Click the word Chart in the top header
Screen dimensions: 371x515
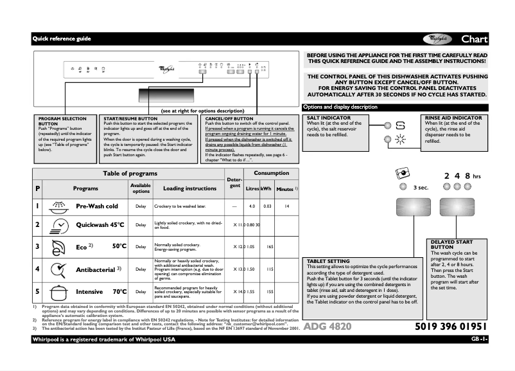pyautogui.click(x=474, y=39)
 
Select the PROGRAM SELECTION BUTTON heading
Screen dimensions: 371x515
pyautogui.click(x=62, y=121)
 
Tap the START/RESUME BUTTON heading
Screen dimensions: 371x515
pyautogui.click(x=130, y=118)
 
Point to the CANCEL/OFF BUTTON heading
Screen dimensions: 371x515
pyautogui.click(x=229, y=118)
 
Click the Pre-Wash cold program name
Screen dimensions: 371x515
pyautogui.click(x=97, y=206)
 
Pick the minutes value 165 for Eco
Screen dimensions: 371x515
pyautogui.click(x=270, y=247)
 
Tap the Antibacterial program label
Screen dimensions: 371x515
pyautogui.click(x=96, y=269)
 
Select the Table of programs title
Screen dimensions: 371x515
pyautogui.click(x=130, y=174)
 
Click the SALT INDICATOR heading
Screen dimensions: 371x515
pyautogui.click(x=329, y=118)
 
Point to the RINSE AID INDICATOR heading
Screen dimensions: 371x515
pyautogui.click(x=453, y=118)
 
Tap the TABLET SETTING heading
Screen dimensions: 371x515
pyautogui.click(x=328, y=261)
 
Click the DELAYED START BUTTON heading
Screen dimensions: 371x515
pyautogui.click(x=450, y=244)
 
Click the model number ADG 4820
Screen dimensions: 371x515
pyautogui.click(x=327, y=327)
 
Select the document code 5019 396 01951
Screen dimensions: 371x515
pyautogui.click(x=451, y=327)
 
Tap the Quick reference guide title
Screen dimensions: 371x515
pyautogui.click(x=62, y=39)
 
